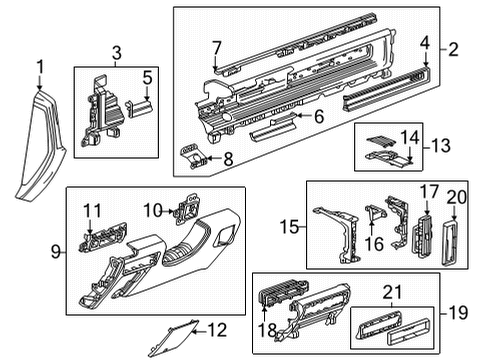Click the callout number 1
click(41, 68)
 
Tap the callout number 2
click(453, 48)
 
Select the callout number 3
click(116, 52)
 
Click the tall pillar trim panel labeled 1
click(38, 145)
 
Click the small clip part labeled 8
click(198, 155)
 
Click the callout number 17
click(428, 191)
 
